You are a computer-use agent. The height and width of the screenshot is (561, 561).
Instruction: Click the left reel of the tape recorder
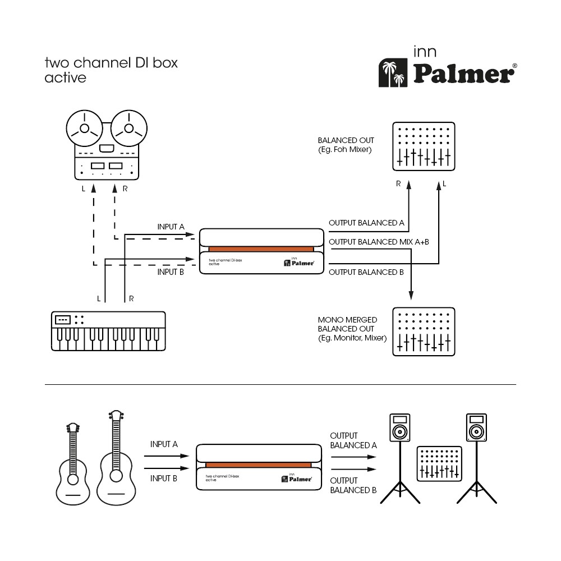tap(84, 128)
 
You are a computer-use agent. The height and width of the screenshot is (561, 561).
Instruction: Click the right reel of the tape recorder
tap(128, 128)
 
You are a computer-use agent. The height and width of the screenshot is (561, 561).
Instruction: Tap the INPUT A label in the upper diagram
tap(171, 227)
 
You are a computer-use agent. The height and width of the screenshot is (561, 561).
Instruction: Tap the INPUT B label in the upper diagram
tap(171, 272)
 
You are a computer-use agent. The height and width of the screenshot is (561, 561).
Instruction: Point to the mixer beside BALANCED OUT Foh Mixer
tap(422, 146)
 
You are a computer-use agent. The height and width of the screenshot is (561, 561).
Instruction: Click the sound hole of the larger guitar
tap(116, 476)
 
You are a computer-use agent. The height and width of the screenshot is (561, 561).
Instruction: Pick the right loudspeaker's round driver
tap(476, 432)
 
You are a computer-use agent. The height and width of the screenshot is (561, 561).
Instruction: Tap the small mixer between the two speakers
tap(440, 463)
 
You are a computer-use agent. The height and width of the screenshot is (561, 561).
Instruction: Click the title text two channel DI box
tap(111, 62)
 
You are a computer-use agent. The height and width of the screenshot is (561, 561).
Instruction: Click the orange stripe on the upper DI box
tap(261, 249)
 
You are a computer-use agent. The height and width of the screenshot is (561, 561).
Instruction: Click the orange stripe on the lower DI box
tap(258, 465)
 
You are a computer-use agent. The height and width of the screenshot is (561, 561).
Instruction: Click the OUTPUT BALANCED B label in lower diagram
tap(353, 485)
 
